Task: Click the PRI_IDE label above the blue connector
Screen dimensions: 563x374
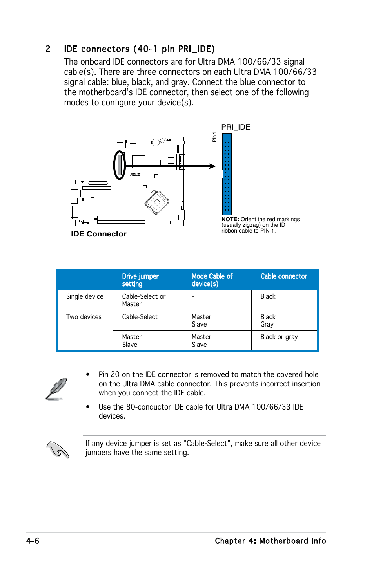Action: point(236,127)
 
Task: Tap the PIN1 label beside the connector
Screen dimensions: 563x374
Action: point(214,137)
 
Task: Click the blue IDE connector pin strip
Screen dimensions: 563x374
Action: point(227,174)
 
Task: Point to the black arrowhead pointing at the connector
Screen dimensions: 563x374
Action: point(212,166)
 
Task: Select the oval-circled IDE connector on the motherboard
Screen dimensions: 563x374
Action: point(120,165)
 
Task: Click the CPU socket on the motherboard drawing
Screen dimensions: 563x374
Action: point(157,202)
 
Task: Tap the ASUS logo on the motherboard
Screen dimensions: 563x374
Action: point(135,175)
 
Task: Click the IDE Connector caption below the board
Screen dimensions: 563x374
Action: point(99,234)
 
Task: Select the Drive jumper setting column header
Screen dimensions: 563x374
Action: point(140,280)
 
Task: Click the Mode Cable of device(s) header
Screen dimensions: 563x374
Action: point(212,280)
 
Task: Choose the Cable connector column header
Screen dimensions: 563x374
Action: point(283,276)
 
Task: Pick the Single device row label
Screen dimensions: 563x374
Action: point(85,296)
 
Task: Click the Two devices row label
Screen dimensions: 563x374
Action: point(84,317)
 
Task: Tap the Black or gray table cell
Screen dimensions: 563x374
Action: point(279,337)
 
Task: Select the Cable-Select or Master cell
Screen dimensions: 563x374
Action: point(143,300)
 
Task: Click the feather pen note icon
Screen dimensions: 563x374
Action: point(56,389)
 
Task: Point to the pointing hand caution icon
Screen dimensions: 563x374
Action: point(58,449)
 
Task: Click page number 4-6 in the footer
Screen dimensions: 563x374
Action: point(33,541)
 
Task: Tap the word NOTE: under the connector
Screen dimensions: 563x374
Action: point(230,219)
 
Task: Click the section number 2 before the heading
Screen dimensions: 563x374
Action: point(48,49)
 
